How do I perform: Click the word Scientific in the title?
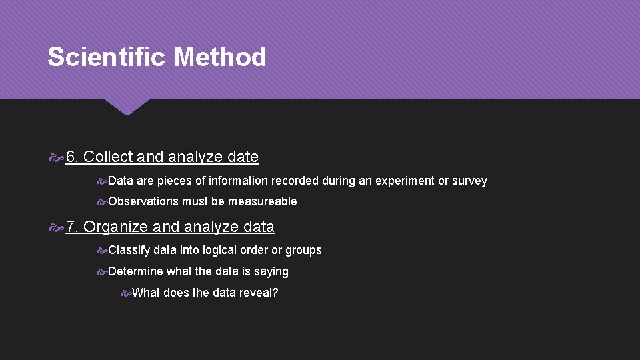coord(107,57)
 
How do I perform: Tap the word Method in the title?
coord(220,57)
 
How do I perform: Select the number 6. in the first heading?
coord(73,157)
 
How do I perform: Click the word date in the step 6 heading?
coord(243,157)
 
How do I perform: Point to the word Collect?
coord(108,157)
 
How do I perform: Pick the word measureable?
coord(263,201)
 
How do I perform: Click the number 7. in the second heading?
coord(73,227)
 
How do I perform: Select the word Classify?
coord(129,250)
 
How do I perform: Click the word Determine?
coord(135,271)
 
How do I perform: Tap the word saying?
coord(271,271)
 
